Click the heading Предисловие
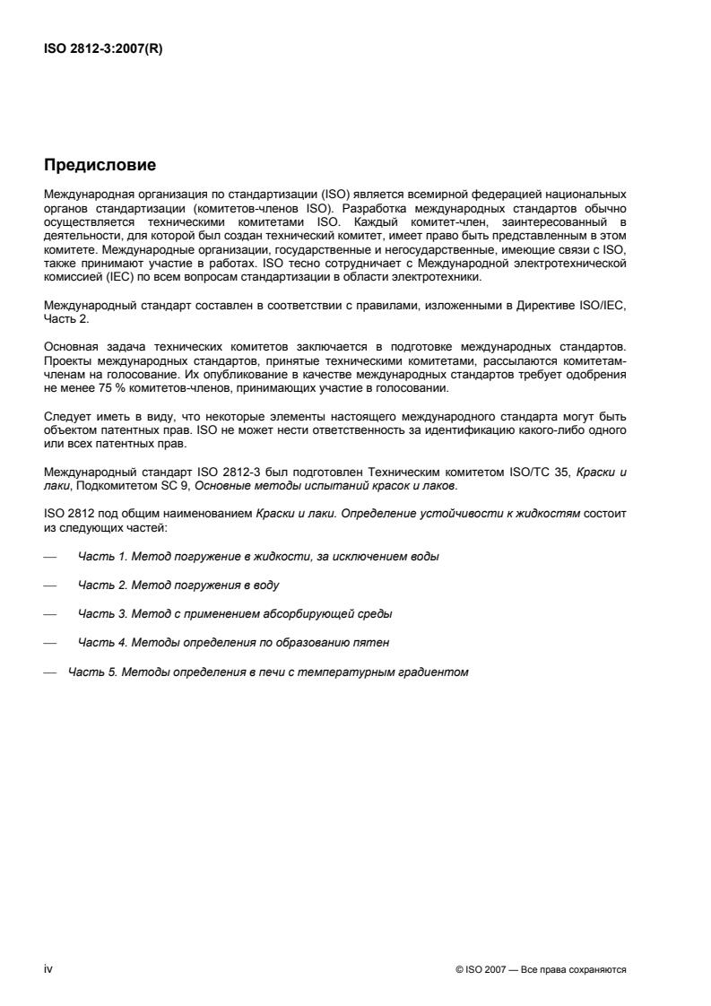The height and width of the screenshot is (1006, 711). point(100,165)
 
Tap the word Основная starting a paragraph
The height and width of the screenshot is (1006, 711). point(71,369)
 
